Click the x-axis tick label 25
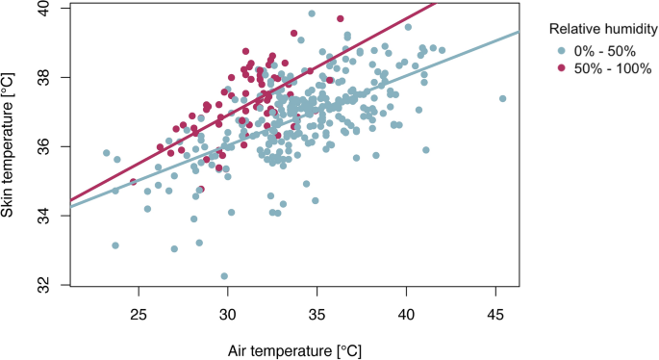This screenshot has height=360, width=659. pos(139,314)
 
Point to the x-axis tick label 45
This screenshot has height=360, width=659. pos(495,314)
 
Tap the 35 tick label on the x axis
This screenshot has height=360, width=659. pos(317,314)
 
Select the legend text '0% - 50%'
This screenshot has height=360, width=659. pos(598,50)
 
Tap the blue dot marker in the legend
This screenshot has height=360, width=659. pos(561,50)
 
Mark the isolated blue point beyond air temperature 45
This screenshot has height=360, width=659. pos(502,98)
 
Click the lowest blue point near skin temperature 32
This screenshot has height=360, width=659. pos(224,276)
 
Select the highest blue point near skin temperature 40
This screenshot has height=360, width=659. pos(312,13)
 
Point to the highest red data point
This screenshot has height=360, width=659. pos(341,18)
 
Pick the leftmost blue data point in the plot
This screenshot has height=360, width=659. pos(107,153)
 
